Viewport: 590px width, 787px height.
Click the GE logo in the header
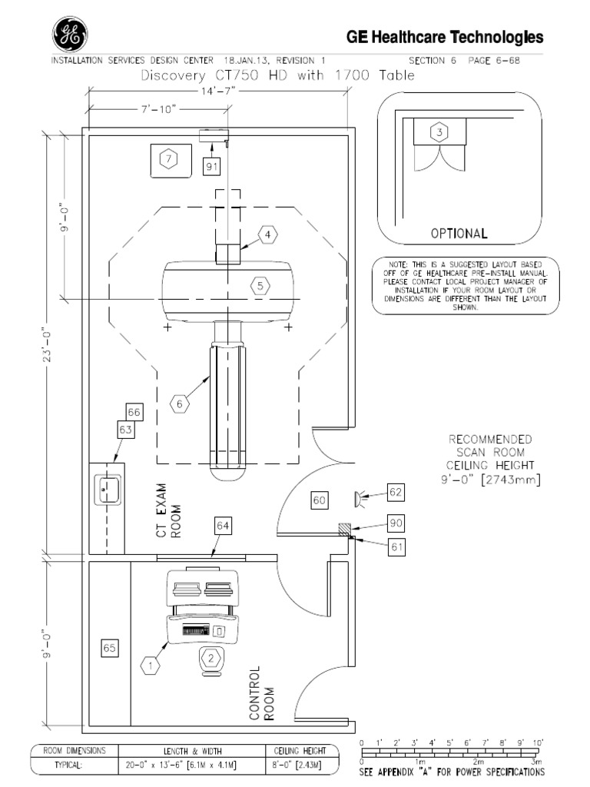[x=69, y=35]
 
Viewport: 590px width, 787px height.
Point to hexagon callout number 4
[x=267, y=234]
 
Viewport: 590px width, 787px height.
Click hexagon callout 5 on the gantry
[x=260, y=285]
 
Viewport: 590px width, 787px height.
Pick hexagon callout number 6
[x=179, y=403]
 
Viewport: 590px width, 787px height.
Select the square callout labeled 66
[x=134, y=413]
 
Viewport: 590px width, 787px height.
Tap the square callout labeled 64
[x=223, y=526]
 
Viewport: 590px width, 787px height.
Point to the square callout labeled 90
[x=396, y=523]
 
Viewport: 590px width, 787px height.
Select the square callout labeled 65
[x=109, y=649]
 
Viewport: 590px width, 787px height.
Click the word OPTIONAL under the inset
[x=459, y=233]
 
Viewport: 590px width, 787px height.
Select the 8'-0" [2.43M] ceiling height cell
[x=300, y=766]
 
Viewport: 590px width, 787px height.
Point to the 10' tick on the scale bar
[x=538, y=743]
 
